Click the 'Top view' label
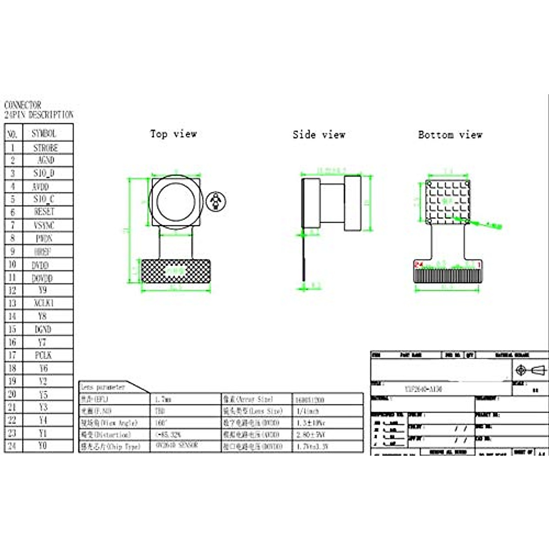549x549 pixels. pyautogui.click(x=173, y=134)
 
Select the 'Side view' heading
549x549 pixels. pyautogui.click(x=319, y=135)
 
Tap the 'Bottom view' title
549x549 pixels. pyautogui.click(x=450, y=135)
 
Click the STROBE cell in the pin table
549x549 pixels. pyautogui.click(x=45, y=148)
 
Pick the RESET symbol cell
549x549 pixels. pyautogui.click(x=44, y=212)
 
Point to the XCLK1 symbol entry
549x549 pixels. pyautogui.click(x=43, y=303)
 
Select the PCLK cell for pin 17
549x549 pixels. pyautogui.click(x=43, y=355)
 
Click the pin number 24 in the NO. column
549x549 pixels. pyautogui.click(x=12, y=446)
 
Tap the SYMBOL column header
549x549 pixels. pyautogui.click(x=44, y=134)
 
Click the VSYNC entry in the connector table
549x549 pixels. pyautogui.click(x=44, y=225)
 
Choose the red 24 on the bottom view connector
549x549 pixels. pyautogui.click(x=419, y=264)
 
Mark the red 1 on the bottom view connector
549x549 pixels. pyautogui.click(x=479, y=264)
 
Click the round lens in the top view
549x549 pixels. pyautogui.click(x=176, y=202)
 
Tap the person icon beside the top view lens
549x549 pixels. pyautogui.click(x=215, y=201)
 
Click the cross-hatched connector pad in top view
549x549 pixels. pyautogui.click(x=176, y=271)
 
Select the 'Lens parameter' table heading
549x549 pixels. pyautogui.click(x=103, y=387)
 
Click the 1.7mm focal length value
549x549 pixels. pyautogui.click(x=163, y=399)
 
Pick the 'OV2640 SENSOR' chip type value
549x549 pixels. pyautogui.click(x=177, y=445)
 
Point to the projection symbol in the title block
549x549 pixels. pyautogui.click(x=530, y=370)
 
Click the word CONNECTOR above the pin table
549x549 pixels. pyautogui.click(x=22, y=105)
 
